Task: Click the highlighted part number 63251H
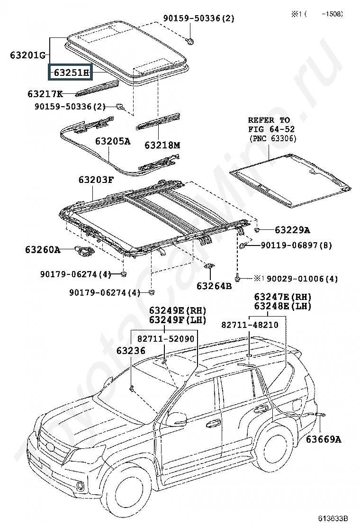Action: [x=71, y=73]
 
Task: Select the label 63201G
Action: [x=27, y=55]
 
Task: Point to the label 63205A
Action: [x=112, y=141]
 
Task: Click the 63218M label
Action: [x=162, y=145]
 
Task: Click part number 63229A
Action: [x=292, y=230]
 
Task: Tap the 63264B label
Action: [x=214, y=286]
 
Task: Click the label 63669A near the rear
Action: [x=323, y=439]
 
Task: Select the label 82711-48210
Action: [x=250, y=325]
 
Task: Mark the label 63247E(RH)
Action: [x=282, y=297]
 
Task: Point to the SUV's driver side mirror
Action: [x=175, y=418]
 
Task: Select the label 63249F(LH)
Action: [x=178, y=320]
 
